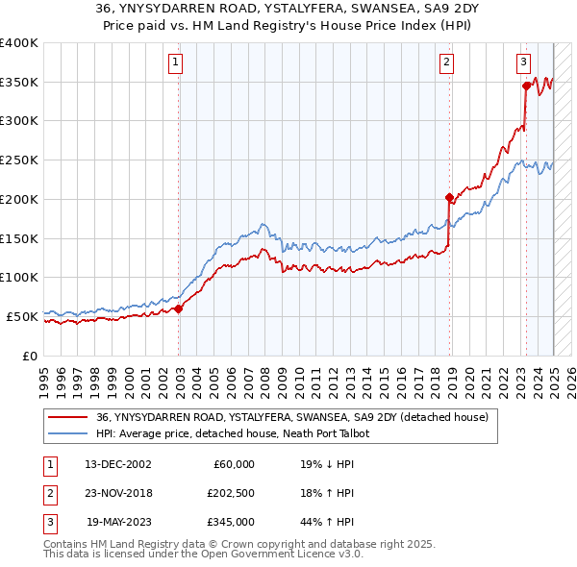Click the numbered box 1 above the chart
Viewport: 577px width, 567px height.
[x=177, y=63]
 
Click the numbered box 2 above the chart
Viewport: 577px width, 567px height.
[x=447, y=63]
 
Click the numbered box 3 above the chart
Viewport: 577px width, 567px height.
[x=524, y=63]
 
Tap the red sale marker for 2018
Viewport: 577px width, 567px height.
[x=449, y=198]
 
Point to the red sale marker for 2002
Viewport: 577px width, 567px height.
[x=179, y=308]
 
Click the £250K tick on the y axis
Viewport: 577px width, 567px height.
[x=19, y=160]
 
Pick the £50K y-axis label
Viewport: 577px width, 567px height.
[x=23, y=316]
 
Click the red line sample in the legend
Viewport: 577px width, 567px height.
[x=68, y=417]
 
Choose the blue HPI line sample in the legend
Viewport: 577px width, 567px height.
[x=68, y=433]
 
